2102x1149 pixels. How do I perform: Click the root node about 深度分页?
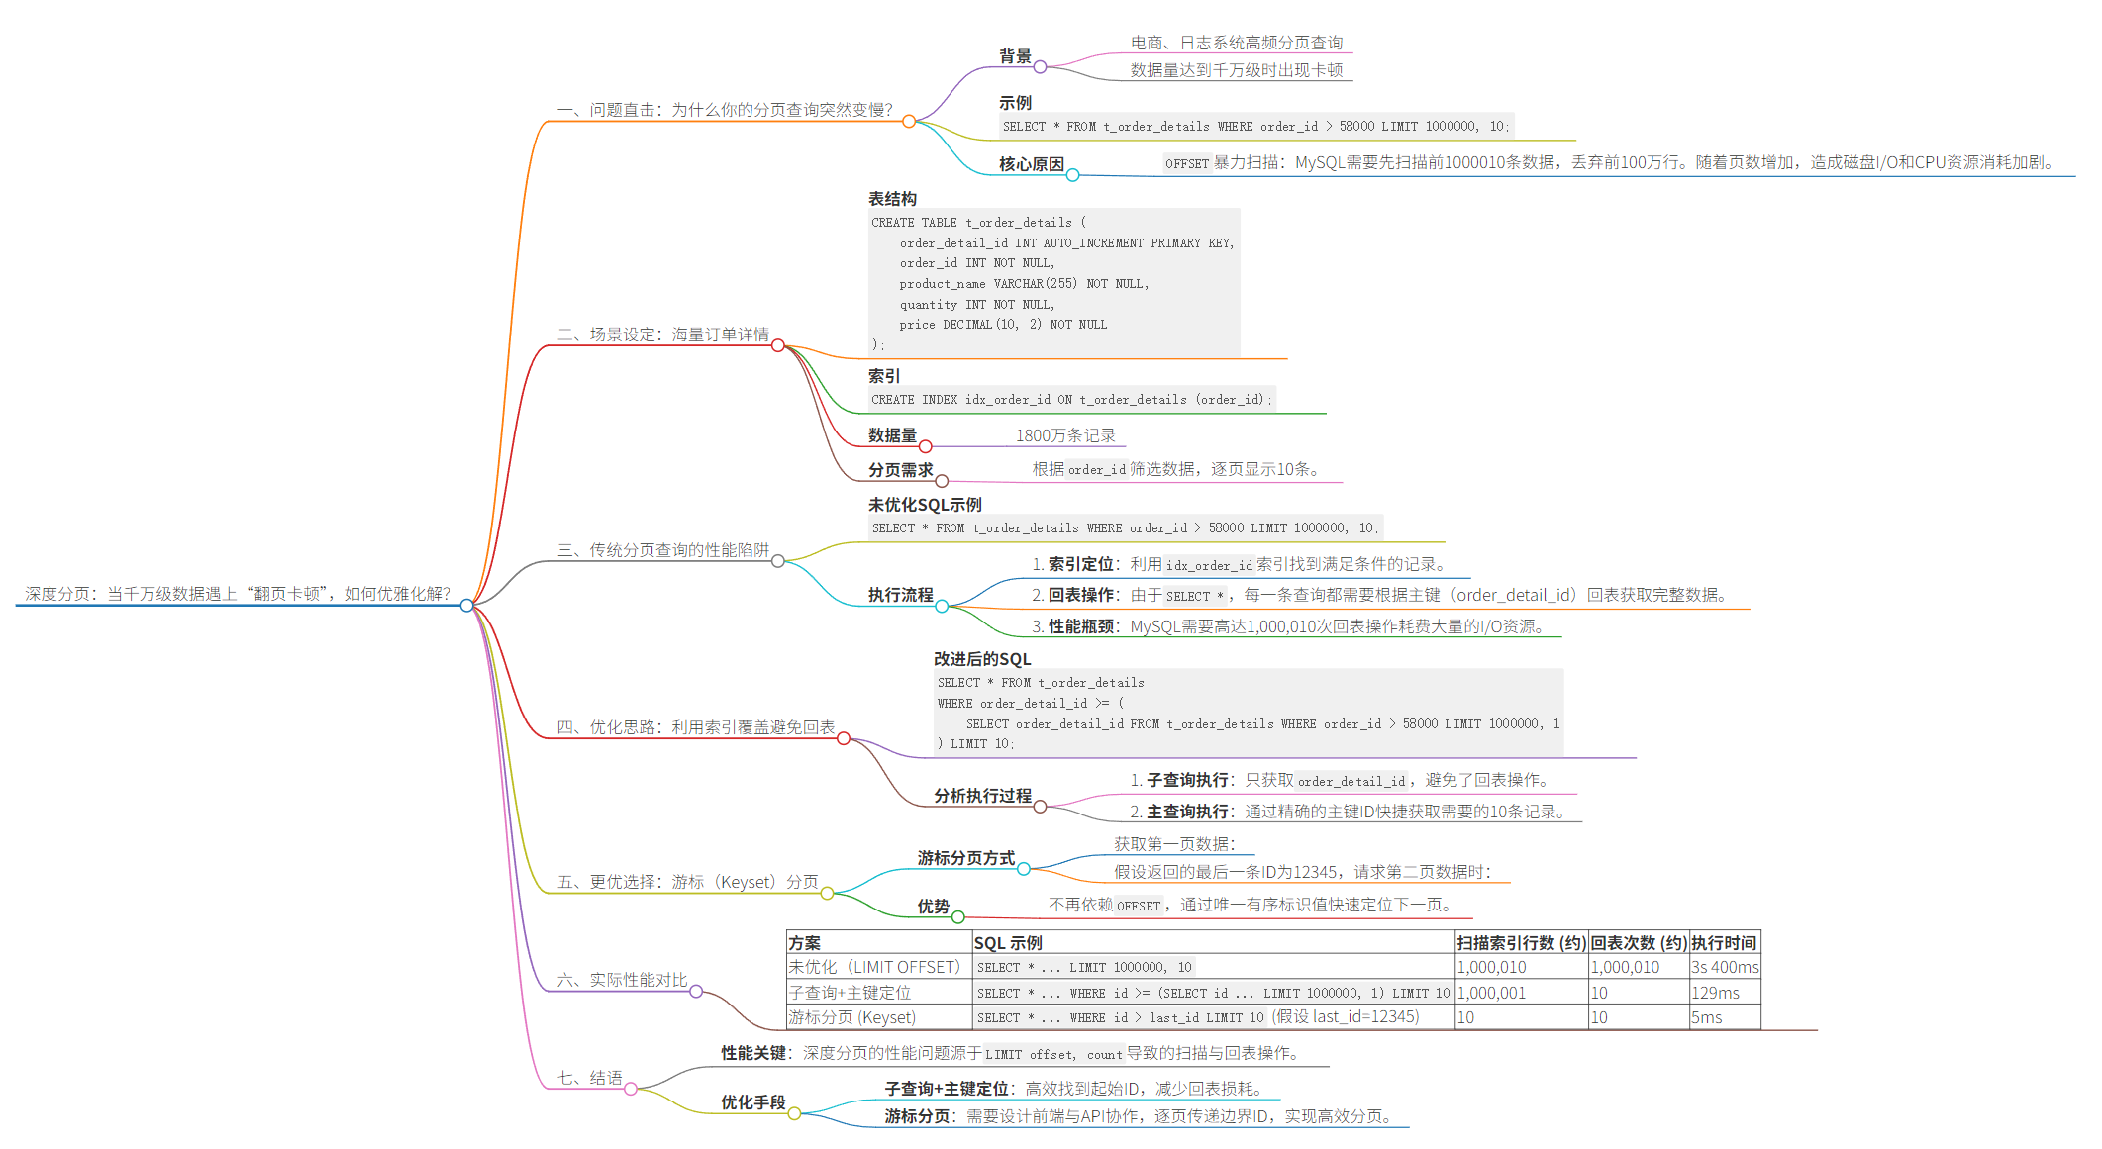coord(238,594)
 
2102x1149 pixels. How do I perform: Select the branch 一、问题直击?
coord(725,110)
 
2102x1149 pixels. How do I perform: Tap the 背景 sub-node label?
coord(1015,56)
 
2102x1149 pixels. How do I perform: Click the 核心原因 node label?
coord(1031,164)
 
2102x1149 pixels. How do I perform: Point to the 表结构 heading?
coord(892,199)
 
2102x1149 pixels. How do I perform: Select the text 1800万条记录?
coord(1065,435)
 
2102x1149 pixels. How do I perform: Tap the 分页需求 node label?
coord(900,470)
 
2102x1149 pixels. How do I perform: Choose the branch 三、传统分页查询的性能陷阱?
coord(663,550)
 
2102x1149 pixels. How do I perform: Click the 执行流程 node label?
coord(900,595)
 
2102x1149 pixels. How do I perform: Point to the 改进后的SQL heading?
coord(981,659)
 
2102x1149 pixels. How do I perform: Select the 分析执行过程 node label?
coord(982,796)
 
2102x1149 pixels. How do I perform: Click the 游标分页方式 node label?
coord(965,858)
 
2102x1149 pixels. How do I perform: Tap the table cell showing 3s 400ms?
coord(1724,967)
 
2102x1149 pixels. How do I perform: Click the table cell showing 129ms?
coord(1715,993)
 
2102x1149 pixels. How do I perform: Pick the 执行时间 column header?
coord(1724,943)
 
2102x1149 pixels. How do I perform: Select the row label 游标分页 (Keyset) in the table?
coord(851,1017)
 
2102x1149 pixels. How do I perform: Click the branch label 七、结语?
coord(590,1078)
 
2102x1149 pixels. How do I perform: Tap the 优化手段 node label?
coord(752,1102)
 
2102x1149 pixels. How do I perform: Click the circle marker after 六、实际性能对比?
coord(696,991)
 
